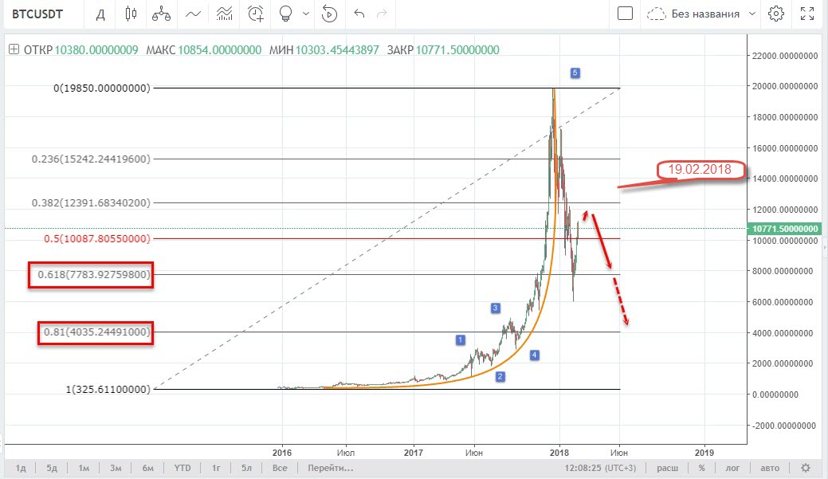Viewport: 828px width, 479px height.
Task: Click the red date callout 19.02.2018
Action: (700, 170)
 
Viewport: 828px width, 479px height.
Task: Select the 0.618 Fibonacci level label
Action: (90, 275)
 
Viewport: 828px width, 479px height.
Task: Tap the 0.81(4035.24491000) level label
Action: (96, 332)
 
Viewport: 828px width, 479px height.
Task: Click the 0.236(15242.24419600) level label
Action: (91, 159)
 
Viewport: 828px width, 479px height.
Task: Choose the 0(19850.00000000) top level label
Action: (102, 88)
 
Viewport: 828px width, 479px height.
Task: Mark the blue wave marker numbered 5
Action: (575, 73)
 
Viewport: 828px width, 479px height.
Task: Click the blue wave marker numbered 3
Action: (495, 308)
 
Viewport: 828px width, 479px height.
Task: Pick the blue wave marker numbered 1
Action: (460, 340)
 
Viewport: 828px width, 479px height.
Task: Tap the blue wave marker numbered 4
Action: (535, 355)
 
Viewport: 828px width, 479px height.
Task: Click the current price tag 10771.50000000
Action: (785, 228)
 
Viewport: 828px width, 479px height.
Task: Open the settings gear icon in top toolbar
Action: (776, 14)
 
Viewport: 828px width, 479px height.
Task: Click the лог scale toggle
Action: (732, 467)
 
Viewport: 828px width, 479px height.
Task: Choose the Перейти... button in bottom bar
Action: (331, 467)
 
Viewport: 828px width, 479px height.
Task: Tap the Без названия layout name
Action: (704, 14)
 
